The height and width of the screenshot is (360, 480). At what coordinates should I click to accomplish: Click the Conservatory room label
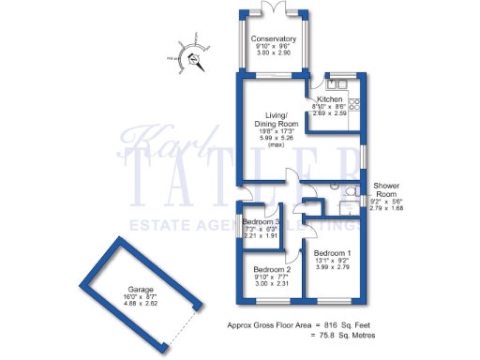275,38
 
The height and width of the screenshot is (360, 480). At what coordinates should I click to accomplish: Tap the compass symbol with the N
195,60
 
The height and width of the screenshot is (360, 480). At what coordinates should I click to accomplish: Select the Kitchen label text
329,98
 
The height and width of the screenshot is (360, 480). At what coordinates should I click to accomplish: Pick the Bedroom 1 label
333,254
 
